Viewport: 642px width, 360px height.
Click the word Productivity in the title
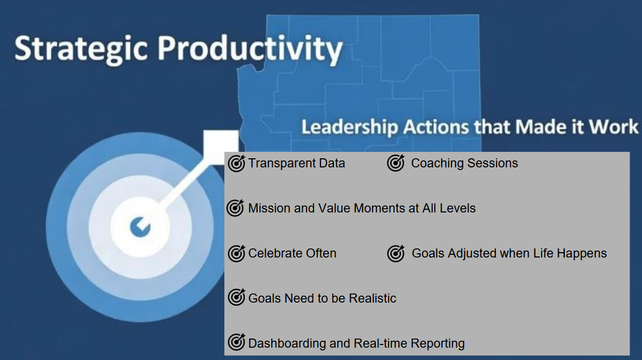pos(250,49)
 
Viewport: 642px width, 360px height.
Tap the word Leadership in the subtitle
pos(349,127)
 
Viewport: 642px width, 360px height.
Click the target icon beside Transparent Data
pos(237,163)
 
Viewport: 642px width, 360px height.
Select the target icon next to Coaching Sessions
pos(396,163)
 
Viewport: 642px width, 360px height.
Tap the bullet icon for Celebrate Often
pos(237,253)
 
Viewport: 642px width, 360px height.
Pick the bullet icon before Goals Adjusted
pos(396,253)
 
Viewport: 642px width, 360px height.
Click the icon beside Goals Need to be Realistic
pos(237,297)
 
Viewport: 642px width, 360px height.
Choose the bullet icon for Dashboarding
pos(237,342)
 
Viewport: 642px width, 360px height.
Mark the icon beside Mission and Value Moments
pos(236,208)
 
